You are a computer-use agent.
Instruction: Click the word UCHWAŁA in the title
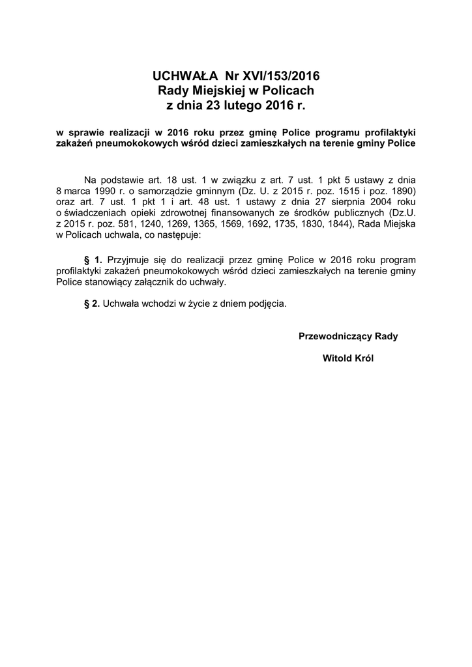(185, 76)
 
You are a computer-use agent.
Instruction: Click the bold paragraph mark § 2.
(93, 304)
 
